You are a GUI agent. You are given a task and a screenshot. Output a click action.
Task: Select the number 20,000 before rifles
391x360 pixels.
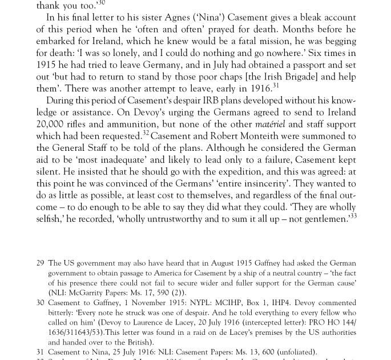tap(54, 124)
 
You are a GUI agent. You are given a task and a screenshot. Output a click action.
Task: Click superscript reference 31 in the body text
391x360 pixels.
tap(276, 86)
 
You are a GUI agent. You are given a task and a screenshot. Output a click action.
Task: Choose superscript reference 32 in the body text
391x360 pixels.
tap(146, 134)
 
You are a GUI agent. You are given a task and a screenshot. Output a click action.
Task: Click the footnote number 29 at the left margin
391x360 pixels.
tap(41, 263)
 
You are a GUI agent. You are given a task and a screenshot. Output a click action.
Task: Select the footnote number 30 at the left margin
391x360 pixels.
tap(41, 303)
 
